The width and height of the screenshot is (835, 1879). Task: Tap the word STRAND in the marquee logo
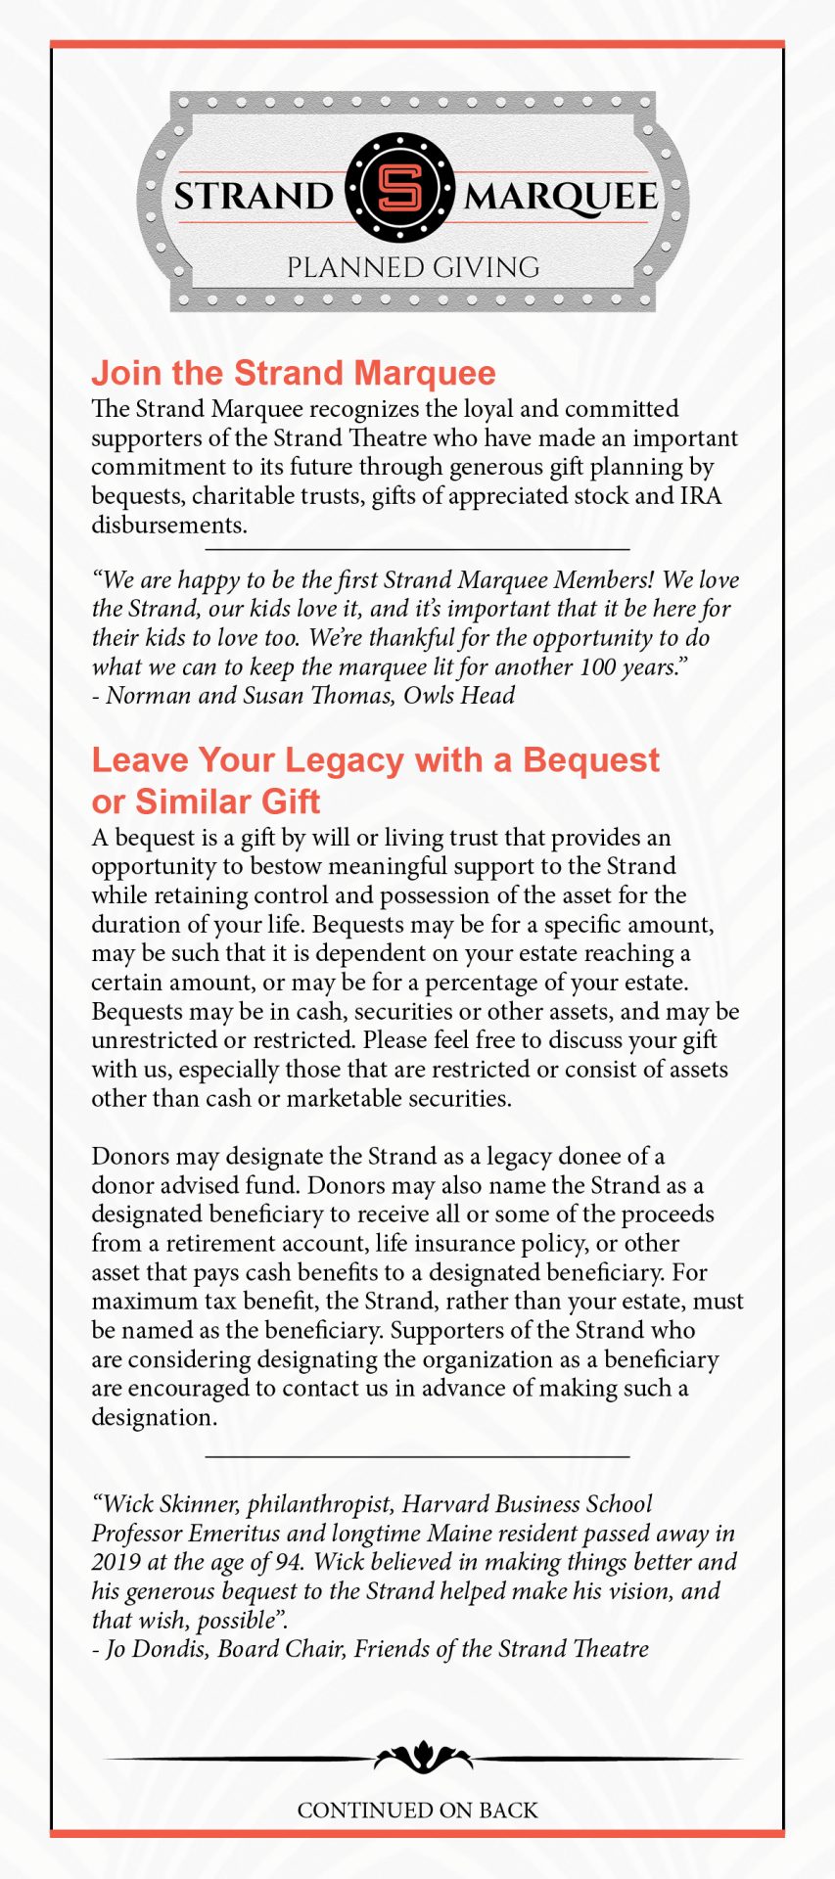click(x=254, y=196)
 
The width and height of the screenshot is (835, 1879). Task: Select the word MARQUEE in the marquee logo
click(x=560, y=196)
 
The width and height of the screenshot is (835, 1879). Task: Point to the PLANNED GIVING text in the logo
click(x=413, y=267)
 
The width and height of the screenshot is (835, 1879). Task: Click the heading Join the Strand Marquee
click(x=294, y=373)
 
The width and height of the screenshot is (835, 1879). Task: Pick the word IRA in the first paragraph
click(x=701, y=495)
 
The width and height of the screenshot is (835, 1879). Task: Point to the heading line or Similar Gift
click(x=206, y=802)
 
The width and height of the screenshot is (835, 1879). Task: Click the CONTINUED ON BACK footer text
click(x=418, y=1810)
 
